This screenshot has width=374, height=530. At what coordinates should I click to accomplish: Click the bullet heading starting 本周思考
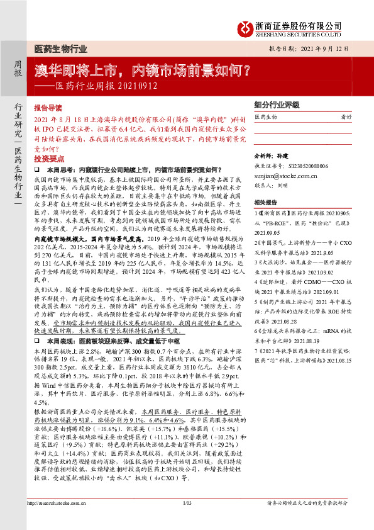pyautogui.click(x=135, y=170)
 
